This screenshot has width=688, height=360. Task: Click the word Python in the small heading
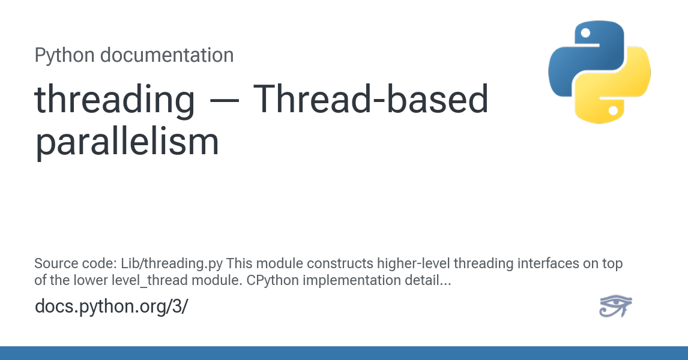pos(64,56)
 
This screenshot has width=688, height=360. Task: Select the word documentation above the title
pos(167,55)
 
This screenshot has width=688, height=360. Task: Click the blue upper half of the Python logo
pos(587,57)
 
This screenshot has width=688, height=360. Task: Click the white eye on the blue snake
pos(585,33)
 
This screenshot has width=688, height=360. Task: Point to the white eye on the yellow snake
pos(614,110)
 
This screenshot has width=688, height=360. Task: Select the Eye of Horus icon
pos(615,306)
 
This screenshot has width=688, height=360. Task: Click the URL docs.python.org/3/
pos(112,306)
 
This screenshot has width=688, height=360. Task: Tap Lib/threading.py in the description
pos(172,263)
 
